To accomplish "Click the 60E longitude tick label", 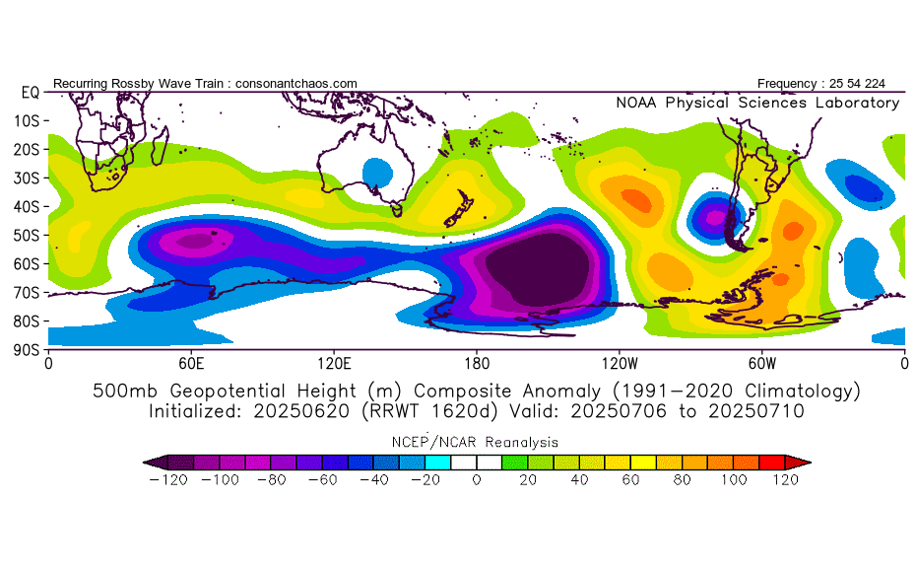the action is (x=191, y=364).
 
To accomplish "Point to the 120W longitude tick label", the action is (x=620, y=364).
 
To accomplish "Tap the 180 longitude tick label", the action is (x=477, y=364).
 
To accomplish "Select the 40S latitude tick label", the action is (x=27, y=206).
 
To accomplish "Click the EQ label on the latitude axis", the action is (x=30, y=93).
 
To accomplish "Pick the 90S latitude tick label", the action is (x=27, y=350).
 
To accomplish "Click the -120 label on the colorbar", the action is (x=168, y=480).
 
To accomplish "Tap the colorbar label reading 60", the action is (x=630, y=480).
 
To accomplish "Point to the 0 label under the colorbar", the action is (x=477, y=480).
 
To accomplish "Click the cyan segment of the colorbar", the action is (x=437, y=463).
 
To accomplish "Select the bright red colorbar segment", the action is (x=772, y=463).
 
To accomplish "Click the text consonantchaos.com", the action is (x=296, y=84).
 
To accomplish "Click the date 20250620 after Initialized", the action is (x=301, y=411).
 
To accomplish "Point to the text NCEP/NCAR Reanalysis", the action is (x=475, y=442).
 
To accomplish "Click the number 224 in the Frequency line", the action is (x=875, y=84).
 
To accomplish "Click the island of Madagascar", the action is (x=160, y=146).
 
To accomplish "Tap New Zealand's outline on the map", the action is (x=458, y=208).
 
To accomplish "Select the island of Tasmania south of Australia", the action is (x=397, y=209).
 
